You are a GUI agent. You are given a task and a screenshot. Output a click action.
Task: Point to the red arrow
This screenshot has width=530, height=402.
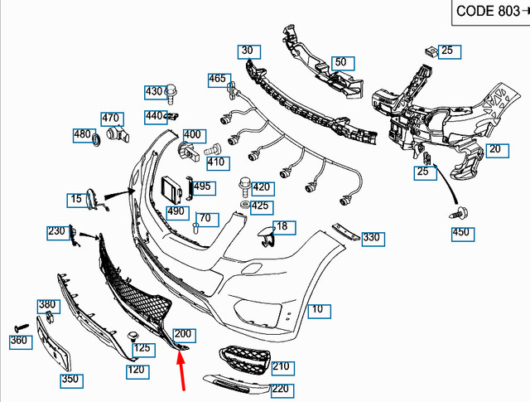point(181,369)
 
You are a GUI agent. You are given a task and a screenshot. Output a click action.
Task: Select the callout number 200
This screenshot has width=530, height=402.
point(182,334)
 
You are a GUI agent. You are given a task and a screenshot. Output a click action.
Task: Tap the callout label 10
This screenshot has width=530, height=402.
point(317,311)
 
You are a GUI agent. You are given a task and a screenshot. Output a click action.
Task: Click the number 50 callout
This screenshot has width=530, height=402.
point(340,63)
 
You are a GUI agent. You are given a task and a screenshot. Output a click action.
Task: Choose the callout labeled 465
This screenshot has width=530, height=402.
point(217,80)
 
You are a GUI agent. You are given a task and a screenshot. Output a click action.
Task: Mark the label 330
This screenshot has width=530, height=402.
point(372,238)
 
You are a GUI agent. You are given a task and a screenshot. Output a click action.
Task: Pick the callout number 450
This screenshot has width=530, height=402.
point(460,233)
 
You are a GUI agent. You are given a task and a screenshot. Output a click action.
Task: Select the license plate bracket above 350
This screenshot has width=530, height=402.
point(55,348)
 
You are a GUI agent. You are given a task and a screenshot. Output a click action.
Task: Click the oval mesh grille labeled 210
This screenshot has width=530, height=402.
point(241,361)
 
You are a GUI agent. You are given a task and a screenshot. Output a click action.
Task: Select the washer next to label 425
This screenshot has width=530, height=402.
point(245,203)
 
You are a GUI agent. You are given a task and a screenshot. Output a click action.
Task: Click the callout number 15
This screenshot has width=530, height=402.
point(76,199)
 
